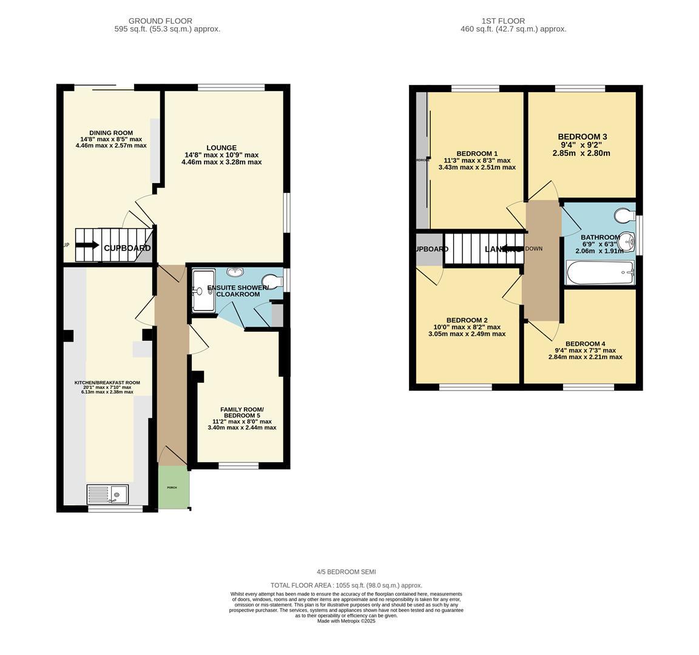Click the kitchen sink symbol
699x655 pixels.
tap(107, 494)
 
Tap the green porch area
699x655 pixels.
tap(173, 487)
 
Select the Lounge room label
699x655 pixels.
tap(221, 148)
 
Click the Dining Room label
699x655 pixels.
tap(111, 133)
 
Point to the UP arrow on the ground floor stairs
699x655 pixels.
tap(87, 245)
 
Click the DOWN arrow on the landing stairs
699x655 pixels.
tap(514, 249)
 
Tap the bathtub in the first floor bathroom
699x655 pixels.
tap(600, 272)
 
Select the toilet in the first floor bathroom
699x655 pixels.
tap(624, 215)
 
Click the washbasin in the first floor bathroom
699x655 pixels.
tap(629, 242)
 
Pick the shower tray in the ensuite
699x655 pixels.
tap(203, 292)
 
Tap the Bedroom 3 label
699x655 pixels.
tap(582, 137)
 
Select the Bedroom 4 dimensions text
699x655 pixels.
tap(585, 354)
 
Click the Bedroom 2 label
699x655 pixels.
tap(467, 320)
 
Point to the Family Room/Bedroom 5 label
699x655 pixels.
tap(241, 412)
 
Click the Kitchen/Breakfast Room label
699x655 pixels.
tap(107, 383)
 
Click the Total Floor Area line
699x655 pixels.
tap(346, 585)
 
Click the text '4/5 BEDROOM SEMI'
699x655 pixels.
tap(346, 572)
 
